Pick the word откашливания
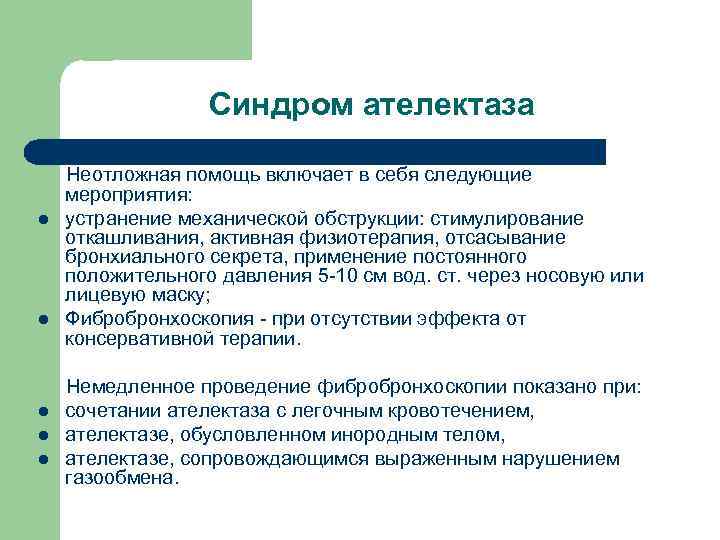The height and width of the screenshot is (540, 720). pyautogui.click(x=126, y=237)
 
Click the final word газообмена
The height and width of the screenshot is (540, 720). pyautogui.click(x=121, y=478)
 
